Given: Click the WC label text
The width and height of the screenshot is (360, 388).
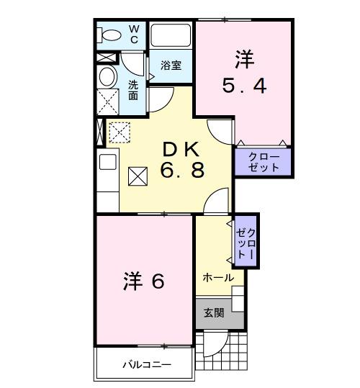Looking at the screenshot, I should pos(135,34).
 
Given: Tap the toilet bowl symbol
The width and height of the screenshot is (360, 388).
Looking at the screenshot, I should pos(110,35).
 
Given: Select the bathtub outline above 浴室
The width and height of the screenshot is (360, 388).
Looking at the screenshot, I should pos(171,35).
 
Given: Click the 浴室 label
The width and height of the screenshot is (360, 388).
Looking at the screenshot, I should pos(171,65).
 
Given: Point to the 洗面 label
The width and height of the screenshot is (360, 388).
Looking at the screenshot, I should pos(134,90).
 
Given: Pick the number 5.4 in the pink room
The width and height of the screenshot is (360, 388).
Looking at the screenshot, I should pos(244,86).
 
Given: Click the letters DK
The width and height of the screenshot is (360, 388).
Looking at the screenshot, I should pos(182,149).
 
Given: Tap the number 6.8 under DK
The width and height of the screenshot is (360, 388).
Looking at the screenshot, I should pos(182,171).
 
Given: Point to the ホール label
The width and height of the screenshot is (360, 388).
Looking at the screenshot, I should pos(217,278).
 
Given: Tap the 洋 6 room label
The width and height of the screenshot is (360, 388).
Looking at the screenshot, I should pos(143,280).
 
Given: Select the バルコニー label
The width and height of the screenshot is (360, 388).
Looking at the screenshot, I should pos(145,364).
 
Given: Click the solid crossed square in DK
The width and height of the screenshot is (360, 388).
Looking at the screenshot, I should pos(138,175).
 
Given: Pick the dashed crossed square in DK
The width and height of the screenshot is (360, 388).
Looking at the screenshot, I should pos(118,132).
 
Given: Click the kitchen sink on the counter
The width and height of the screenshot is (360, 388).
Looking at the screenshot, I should pos(107,162).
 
